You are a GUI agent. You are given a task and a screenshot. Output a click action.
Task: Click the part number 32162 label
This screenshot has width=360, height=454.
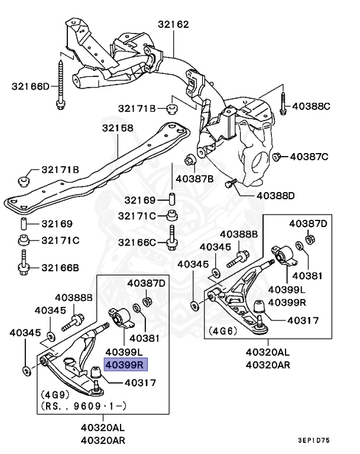pos(173,25)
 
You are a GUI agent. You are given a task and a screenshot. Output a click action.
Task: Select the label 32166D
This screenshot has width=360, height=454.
pos(31,86)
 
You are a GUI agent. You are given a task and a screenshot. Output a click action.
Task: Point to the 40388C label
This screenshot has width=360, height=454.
pos(311,106)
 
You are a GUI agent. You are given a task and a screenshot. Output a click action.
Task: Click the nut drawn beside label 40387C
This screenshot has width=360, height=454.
pos(276,157)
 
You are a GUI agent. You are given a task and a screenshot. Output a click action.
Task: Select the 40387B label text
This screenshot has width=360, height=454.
pos(195,178)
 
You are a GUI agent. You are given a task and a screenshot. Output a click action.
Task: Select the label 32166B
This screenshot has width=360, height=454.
pos(60,267)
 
